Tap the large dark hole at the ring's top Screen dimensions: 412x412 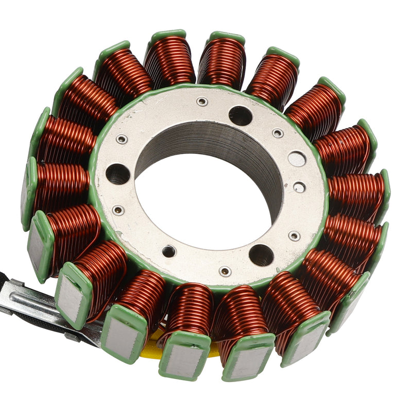coord(241,116)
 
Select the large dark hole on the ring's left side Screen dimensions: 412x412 coord(118,174)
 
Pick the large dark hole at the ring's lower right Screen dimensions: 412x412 coord(261,255)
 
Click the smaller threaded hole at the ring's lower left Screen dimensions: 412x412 coord(169,251)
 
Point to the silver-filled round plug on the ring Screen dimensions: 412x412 coord(297,159)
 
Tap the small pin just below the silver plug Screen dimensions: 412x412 coord(299,187)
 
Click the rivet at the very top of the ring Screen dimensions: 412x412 coord(202,101)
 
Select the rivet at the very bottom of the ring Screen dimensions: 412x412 coord(225,271)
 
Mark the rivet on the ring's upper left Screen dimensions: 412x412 coord(122,139)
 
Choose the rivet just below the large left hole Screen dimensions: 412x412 coord(118,210)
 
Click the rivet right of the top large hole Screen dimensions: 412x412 coord(278,133)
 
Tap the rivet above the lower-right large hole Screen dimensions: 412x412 coord(294,236)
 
